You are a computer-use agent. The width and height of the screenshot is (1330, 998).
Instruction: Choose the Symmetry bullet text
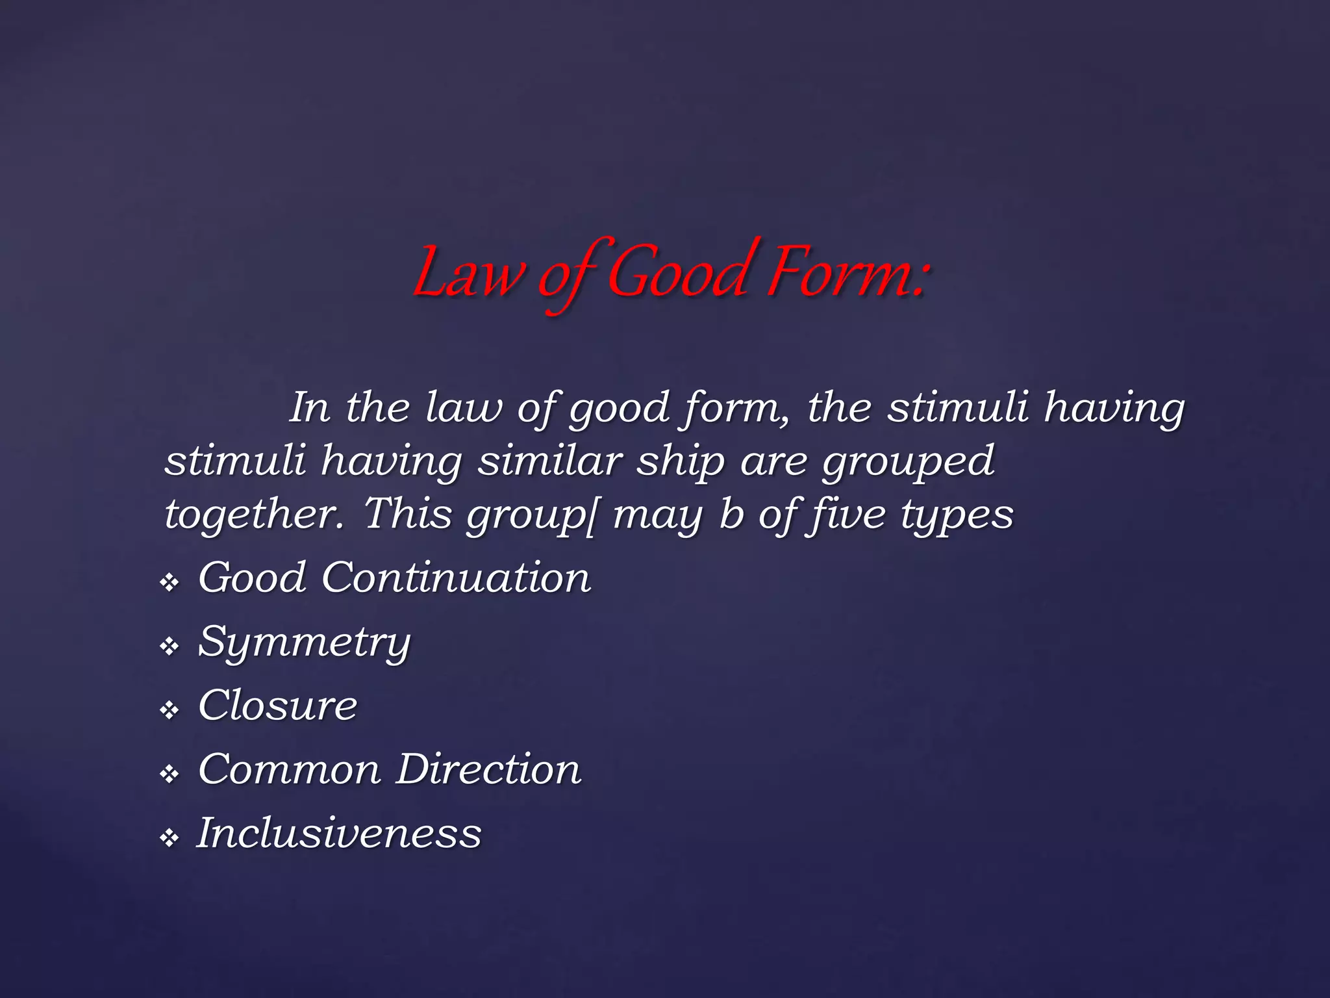[304, 643]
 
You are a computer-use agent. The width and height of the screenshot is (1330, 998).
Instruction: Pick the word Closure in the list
[277, 706]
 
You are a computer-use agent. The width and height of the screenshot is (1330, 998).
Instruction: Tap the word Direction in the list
[488, 770]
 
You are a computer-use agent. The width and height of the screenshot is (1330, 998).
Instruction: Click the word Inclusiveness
[339, 834]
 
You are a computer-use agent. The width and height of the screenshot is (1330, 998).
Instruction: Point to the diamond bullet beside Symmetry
[169, 646]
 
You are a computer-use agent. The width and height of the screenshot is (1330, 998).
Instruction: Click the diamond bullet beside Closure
[169, 710]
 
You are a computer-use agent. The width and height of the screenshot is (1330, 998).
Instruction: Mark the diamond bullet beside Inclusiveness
[169, 838]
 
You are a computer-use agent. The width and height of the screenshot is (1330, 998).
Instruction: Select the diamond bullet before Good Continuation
[169, 583]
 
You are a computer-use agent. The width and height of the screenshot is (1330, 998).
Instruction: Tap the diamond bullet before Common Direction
[169, 774]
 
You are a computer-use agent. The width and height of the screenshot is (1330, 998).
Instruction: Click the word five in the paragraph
[845, 515]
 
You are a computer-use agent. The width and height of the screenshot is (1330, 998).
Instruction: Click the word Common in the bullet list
[289, 770]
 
